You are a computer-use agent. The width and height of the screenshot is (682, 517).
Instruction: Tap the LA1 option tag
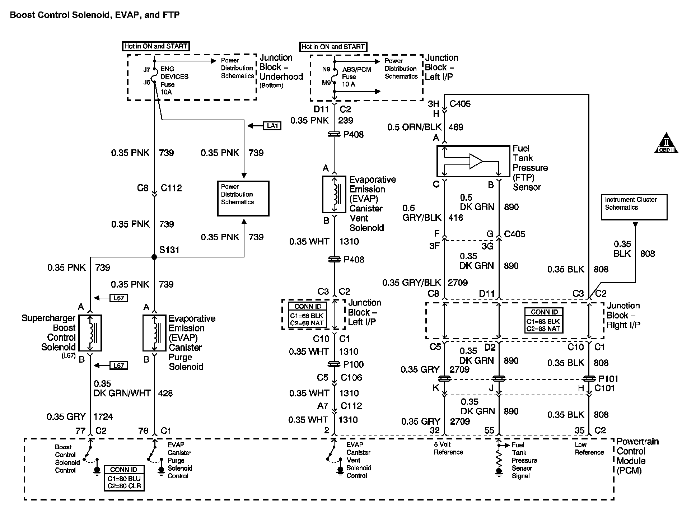pyautogui.click(x=272, y=126)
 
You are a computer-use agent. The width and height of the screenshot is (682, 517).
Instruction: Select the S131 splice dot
pyautogui.click(x=154, y=257)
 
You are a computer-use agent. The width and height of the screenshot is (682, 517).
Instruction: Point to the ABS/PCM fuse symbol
pyautogui.click(x=335, y=76)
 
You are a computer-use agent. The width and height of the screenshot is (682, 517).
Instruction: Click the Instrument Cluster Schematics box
pyautogui.click(x=634, y=207)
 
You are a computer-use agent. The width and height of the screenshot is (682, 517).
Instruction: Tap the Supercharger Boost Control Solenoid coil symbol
pyautogui.click(x=90, y=333)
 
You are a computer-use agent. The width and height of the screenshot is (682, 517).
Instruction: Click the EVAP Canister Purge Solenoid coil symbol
pyautogui.click(x=155, y=333)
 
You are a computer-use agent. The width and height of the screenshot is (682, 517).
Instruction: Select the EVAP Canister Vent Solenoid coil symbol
pyautogui.click(x=335, y=194)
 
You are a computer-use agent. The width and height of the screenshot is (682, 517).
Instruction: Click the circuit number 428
pyautogui.click(x=165, y=393)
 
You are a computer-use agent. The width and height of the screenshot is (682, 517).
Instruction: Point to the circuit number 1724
pyautogui.click(x=103, y=416)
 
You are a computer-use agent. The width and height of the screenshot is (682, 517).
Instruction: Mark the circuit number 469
pyautogui.click(x=456, y=127)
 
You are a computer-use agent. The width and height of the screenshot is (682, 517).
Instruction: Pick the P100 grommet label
pyautogui.click(x=354, y=364)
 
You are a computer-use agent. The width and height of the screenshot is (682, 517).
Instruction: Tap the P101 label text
pyautogui.click(x=608, y=378)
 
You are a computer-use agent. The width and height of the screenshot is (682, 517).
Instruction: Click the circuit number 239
pyautogui.click(x=346, y=120)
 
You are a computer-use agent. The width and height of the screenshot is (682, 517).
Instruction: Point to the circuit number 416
pyautogui.click(x=456, y=218)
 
